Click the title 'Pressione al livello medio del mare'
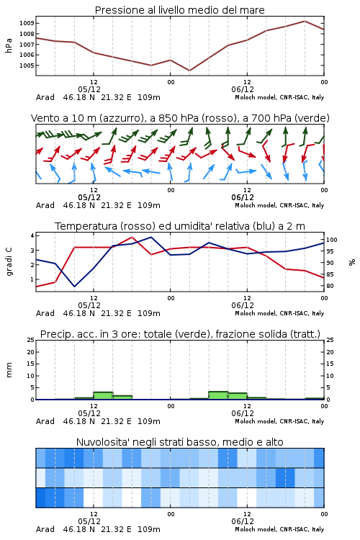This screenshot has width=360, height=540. click(x=179, y=10)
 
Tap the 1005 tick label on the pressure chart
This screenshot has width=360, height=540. click(x=27, y=66)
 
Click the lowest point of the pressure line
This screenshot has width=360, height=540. click(x=189, y=71)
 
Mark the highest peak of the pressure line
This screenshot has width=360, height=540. click(x=305, y=21)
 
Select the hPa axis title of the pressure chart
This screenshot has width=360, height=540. click(x=9, y=45)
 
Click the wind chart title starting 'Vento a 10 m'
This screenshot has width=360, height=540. click(x=180, y=118)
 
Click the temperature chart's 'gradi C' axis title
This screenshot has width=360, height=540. click(x=9, y=261)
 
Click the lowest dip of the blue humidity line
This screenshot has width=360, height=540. click(x=74, y=286)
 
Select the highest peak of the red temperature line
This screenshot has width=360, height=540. click(x=132, y=237)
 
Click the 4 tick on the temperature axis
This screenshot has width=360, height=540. click(x=32, y=235)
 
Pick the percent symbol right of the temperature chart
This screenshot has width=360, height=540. click(x=352, y=262)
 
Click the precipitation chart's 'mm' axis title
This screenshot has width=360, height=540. click(x=9, y=370)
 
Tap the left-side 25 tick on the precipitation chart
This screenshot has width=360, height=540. click(x=31, y=340)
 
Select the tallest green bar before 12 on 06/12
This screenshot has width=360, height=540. click(x=218, y=395)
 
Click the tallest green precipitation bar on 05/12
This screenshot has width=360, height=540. click(x=103, y=396)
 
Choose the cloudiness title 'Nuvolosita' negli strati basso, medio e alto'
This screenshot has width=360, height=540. click(x=179, y=442)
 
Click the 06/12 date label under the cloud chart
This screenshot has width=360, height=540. click(x=243, y=521)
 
